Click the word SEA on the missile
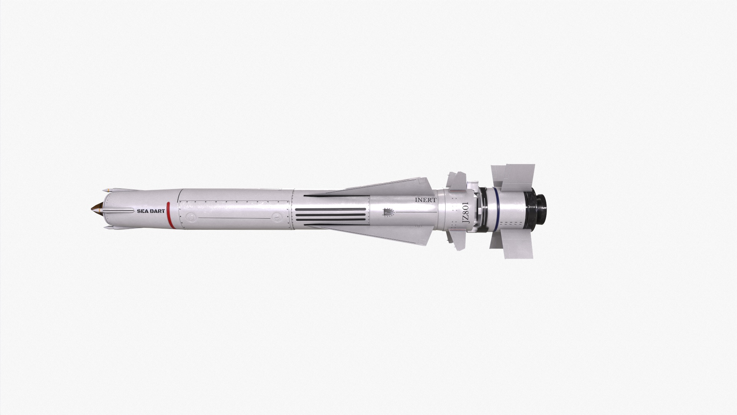pyautogui.click(x=143, y=211)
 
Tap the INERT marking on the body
pyautogui.click(x=426, y=200)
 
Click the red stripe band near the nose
pyautogui.click(x=169, y=215)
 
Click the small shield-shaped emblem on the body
pyautogui.click(x=388, y=212)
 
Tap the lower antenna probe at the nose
pyautogui.click(x=109, y=227)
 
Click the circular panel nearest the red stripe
pyautogui.click(x=190, y=218)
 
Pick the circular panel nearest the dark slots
pyautogui.click(x=277, y=218)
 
